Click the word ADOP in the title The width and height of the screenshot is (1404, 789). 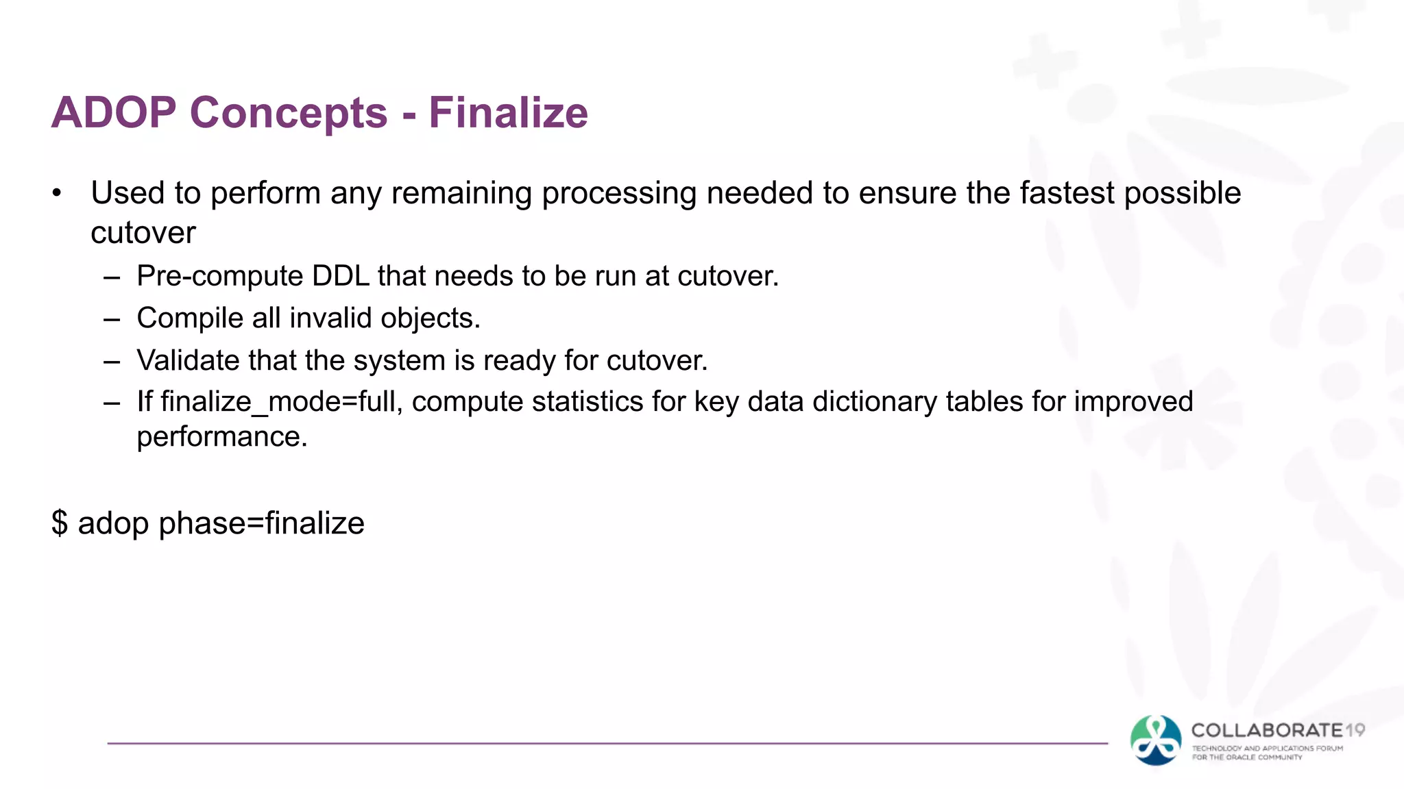[114, 112]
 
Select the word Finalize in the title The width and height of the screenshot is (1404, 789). [508, 112]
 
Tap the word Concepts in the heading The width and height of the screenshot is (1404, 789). [289, 112]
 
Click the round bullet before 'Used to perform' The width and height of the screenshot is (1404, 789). [57, 194]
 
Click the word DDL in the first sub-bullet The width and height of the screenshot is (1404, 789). [340, 276]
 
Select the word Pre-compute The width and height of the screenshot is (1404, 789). [219, 276]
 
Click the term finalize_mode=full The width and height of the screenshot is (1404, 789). [281, 401]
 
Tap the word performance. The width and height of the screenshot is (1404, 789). [222, 437]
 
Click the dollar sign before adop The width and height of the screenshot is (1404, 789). [60, 523]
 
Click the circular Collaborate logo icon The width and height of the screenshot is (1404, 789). [1156, 740]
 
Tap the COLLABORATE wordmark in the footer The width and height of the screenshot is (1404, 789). [1267, 731]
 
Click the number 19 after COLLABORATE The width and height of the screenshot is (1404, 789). [1355, 731]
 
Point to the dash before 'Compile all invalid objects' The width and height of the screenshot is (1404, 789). [112, 319]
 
